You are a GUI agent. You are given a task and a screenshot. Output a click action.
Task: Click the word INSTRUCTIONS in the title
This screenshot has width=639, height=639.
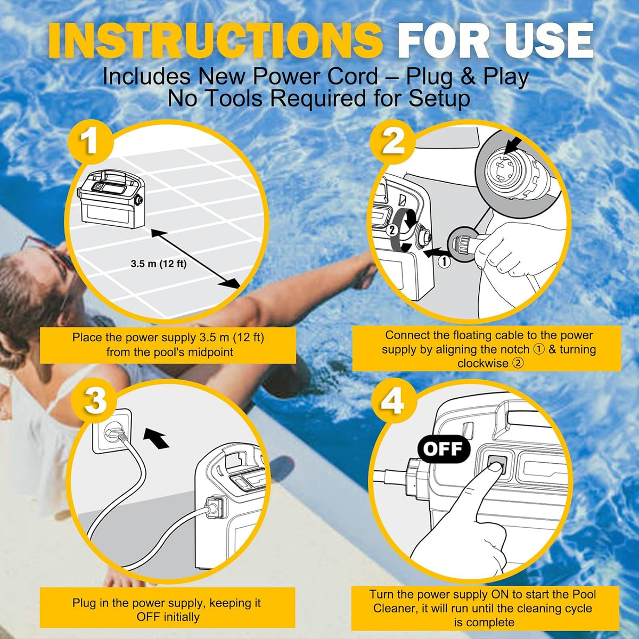coord(216,41)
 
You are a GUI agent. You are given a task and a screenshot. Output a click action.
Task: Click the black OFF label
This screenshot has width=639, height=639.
coord(444,449)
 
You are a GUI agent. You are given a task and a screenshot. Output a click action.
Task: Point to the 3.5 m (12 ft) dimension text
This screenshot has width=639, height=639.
coord(159,264)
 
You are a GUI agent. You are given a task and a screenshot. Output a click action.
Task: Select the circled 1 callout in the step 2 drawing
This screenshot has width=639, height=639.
coord(445,262)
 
